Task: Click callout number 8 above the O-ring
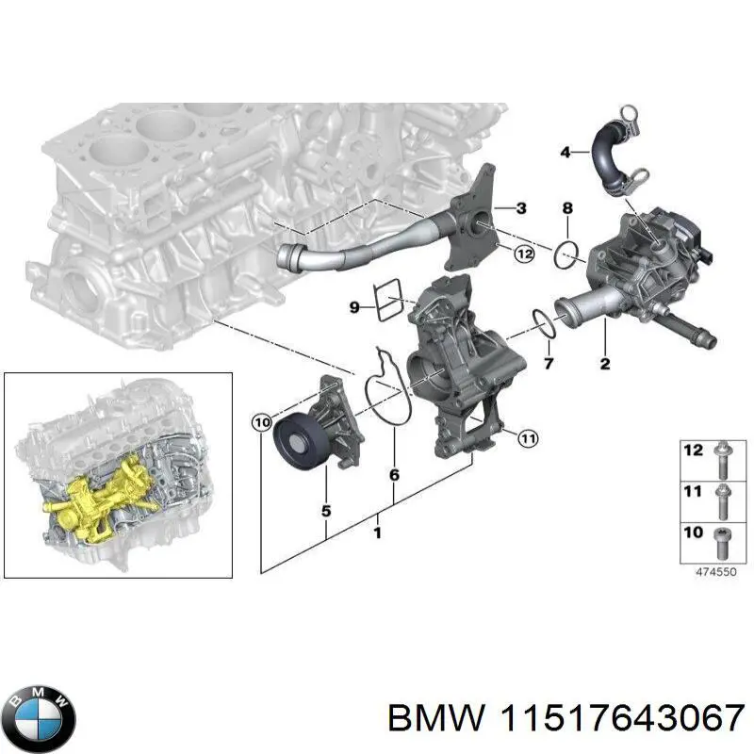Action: coord(566,207)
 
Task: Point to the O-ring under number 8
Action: coord(565,254)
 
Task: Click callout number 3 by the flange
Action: coord(520,206)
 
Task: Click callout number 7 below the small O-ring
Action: coord(549,362)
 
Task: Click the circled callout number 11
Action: coord(529,436)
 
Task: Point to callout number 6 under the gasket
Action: coord(393,475)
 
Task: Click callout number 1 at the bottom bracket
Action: coord(378,533)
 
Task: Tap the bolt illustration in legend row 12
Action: coord(722,457)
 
